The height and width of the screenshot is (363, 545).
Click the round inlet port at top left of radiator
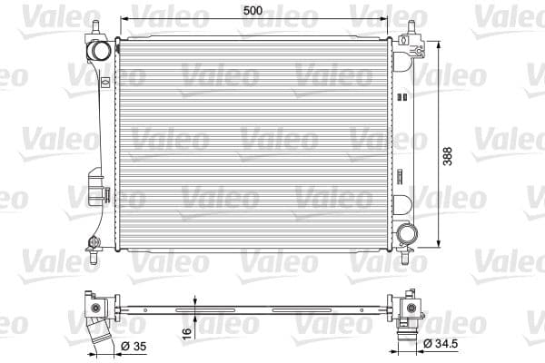[103, 47]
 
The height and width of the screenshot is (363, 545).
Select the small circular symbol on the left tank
[105, 81]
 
